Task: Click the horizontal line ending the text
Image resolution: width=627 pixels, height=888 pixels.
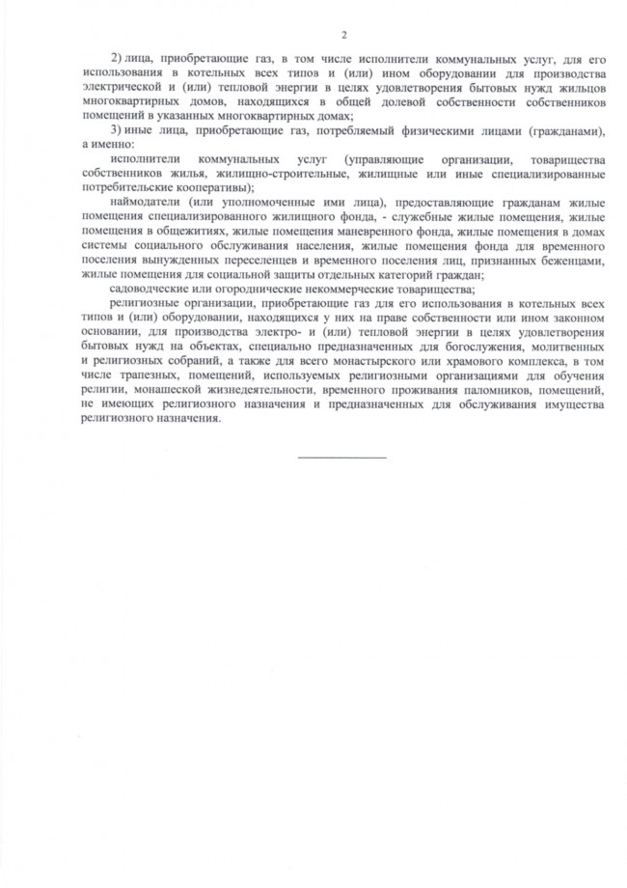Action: [x=341, y=457]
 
